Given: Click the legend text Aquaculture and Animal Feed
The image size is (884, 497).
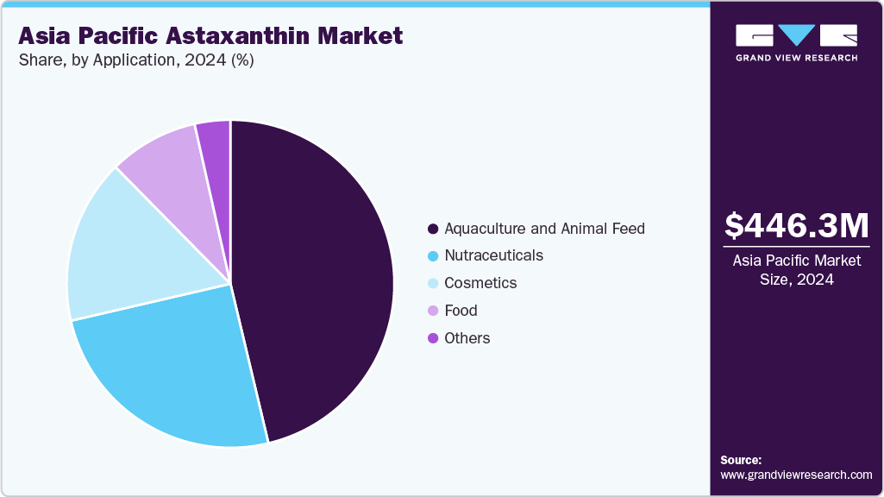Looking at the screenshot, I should coord(544,229).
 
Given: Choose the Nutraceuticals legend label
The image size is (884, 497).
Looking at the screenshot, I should coord(493,255).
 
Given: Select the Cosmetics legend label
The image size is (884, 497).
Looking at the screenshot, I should coord(480,283).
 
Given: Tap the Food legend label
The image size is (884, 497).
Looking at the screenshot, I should coord(461,311).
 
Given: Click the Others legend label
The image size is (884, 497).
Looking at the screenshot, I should coord(467,338).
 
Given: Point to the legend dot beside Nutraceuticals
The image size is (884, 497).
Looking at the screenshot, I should coord(432,256).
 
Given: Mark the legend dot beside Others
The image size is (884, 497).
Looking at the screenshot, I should coord(432,338).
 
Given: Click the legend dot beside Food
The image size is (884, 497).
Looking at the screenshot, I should coord(432,311).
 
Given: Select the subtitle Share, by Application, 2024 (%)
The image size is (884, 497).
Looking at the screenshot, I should coord(135,60).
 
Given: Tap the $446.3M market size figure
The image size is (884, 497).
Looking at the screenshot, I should coord(796,226).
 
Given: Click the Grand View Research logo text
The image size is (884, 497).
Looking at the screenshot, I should coord(796,58).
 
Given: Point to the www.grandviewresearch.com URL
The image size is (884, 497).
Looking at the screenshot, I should coord(796,475).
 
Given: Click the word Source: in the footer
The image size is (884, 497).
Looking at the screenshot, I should coord(741,460).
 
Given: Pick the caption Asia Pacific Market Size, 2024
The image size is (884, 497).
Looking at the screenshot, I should coord(796,269).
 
